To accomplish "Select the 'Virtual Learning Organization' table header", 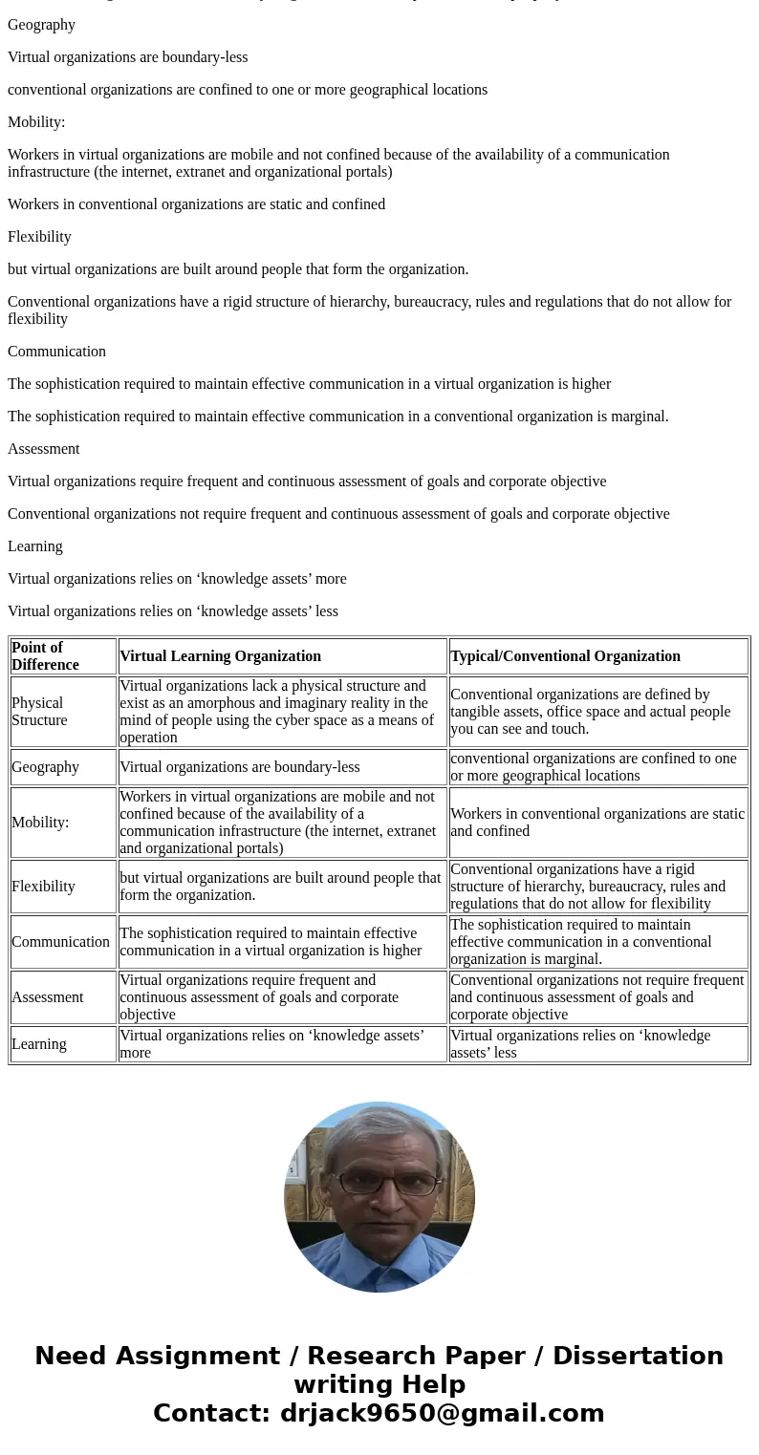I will (x=220, y=656).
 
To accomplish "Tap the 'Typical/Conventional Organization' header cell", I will (x=565, y=656).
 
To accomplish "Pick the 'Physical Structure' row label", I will (x=39, y=712).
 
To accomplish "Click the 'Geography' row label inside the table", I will (x=45, y=767).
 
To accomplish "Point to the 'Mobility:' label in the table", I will (x=40, y=823).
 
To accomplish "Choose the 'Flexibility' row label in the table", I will (x=43, y=887).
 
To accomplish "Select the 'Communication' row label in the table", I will (x=60, y=942).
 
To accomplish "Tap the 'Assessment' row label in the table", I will (x=48, y=997).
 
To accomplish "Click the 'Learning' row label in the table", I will (x=39, y=1044).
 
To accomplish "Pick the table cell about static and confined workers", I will (x=597, y=823).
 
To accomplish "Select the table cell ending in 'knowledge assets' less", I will (x=580, y=1044).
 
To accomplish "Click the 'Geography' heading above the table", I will (x=41, y=25).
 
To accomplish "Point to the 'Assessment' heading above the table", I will (x=44, y=449).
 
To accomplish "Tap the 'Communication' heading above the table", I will (x=56, y=352).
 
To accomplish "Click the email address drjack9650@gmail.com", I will (x=442, y=1414).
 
